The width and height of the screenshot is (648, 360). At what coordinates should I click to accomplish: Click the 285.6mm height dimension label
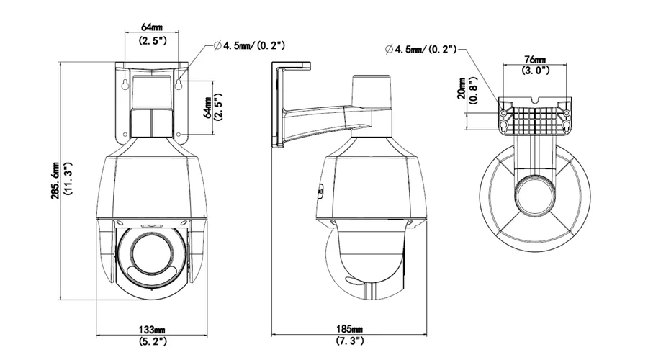click(x=55, y=181)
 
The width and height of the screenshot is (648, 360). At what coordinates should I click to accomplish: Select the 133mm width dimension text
click(x=152, y=330)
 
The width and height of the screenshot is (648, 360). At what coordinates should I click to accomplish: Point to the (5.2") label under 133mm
click(x=152, y=341)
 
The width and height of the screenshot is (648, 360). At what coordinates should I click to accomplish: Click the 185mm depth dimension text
click(x=350, y=330)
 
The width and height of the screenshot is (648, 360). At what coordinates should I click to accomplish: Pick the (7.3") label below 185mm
click(x=350, y=341)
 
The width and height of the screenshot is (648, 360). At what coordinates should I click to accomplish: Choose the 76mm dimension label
click(x=535, y=60)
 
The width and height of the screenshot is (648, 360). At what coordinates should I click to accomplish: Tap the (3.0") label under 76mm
click(x=535, y=71)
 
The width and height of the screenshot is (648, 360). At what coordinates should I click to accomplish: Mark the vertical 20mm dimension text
click(x=462, y=89)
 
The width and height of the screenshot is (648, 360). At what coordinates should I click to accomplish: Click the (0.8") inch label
click(x=473, y=91)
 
